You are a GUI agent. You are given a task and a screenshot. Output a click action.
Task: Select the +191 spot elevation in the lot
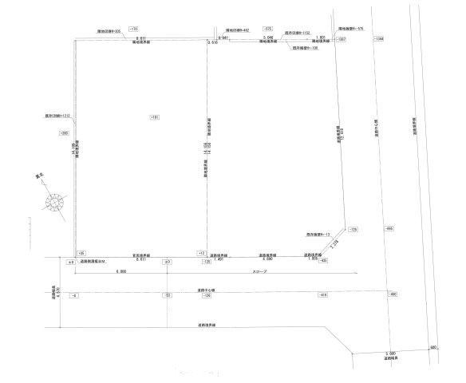[154, 117]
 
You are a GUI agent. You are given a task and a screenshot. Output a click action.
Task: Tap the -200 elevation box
[65, 133]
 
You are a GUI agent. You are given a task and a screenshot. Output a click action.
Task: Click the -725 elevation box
[353, 229]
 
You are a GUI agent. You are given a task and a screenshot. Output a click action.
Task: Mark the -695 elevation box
[389, 229]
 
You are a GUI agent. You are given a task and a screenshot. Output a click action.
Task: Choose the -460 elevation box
[392, 295]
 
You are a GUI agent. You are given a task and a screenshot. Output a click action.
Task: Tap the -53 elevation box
[168, 295]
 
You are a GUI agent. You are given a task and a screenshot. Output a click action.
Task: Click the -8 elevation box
[74, 295]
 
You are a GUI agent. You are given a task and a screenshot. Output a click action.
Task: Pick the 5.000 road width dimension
[390, 352]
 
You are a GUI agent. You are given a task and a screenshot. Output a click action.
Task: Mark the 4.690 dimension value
[269, 259]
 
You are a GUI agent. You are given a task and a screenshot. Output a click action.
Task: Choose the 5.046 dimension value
[269, 37]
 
